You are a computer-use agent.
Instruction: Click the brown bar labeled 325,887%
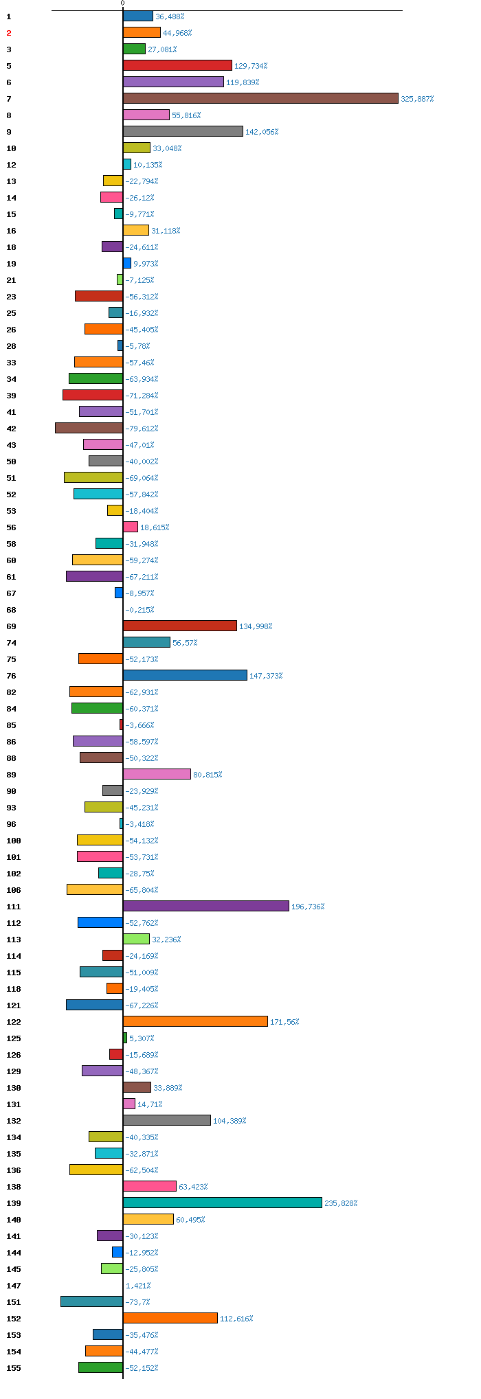(x=260, y=98)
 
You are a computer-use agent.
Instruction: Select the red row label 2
(x=9, y=33)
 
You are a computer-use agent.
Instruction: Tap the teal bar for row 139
(x=223, y=1203)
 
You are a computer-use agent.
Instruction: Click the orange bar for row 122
(x=195, y=1021)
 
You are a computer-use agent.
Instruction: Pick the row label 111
(x=14, y=907)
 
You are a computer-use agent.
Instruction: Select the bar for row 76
(x=185, y=675)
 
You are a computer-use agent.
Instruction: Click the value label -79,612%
(x=142, y=429)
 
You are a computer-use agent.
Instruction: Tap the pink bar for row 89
(x=157, y=774)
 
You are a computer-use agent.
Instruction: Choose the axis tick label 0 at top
(x=123, y=3)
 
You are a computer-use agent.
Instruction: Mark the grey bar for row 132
(x=167, y=1120)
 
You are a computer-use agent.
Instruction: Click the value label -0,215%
(x=139, y=610)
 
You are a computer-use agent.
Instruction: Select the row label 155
(x=14, y=1368)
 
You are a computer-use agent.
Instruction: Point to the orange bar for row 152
(x=170, y=1318)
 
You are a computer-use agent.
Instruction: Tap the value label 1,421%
(x=138, y=1286)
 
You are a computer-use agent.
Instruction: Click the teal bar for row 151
(x=92, y=1301)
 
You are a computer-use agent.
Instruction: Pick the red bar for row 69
(x=180, y=626)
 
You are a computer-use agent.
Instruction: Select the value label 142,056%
(x=262, y=132)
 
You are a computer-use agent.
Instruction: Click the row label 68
(x=11, y=610)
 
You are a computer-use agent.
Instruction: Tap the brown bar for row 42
(x=89, y=428)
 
